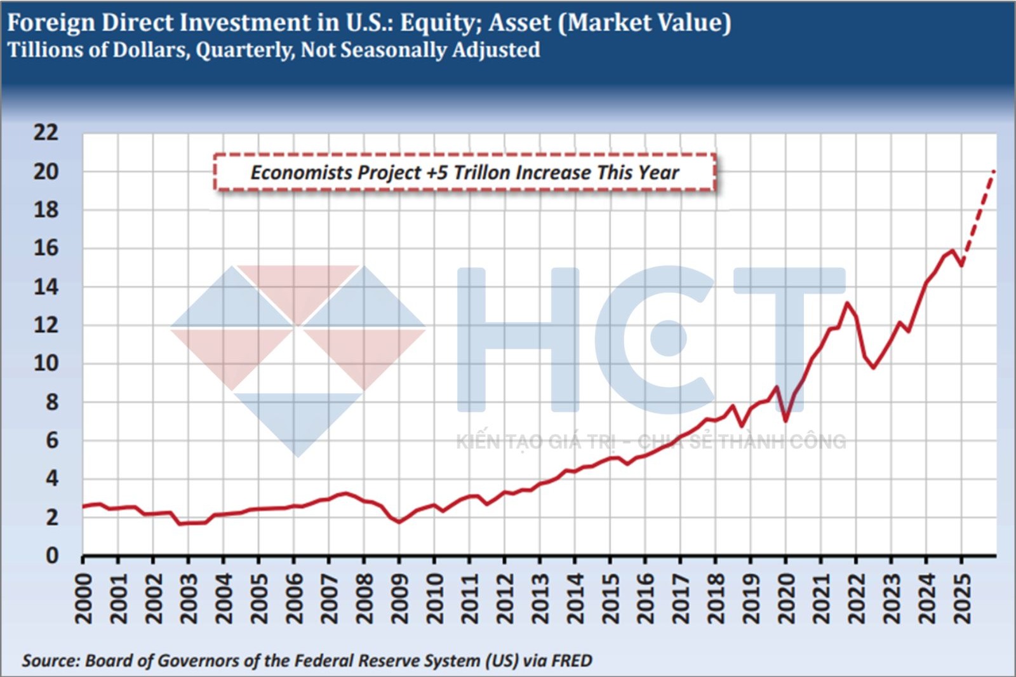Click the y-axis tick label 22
tap(46, 133)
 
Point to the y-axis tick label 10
tap(46, 363)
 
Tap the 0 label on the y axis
tap(52, 556)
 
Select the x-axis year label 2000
tap(84, 598)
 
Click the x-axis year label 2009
tap(399, 598)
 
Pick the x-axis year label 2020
tap(786, 598)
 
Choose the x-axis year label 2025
tap(962, 598)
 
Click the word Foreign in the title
tap(51, 23)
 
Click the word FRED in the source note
tap(571, 660)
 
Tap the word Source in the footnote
tap(50, 660)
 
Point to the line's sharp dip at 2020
tap(785, 420)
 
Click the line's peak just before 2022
tap(847, 303)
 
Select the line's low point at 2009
tap(399, 522)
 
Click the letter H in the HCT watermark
tap(518, 340)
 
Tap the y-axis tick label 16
tap(46, 248)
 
